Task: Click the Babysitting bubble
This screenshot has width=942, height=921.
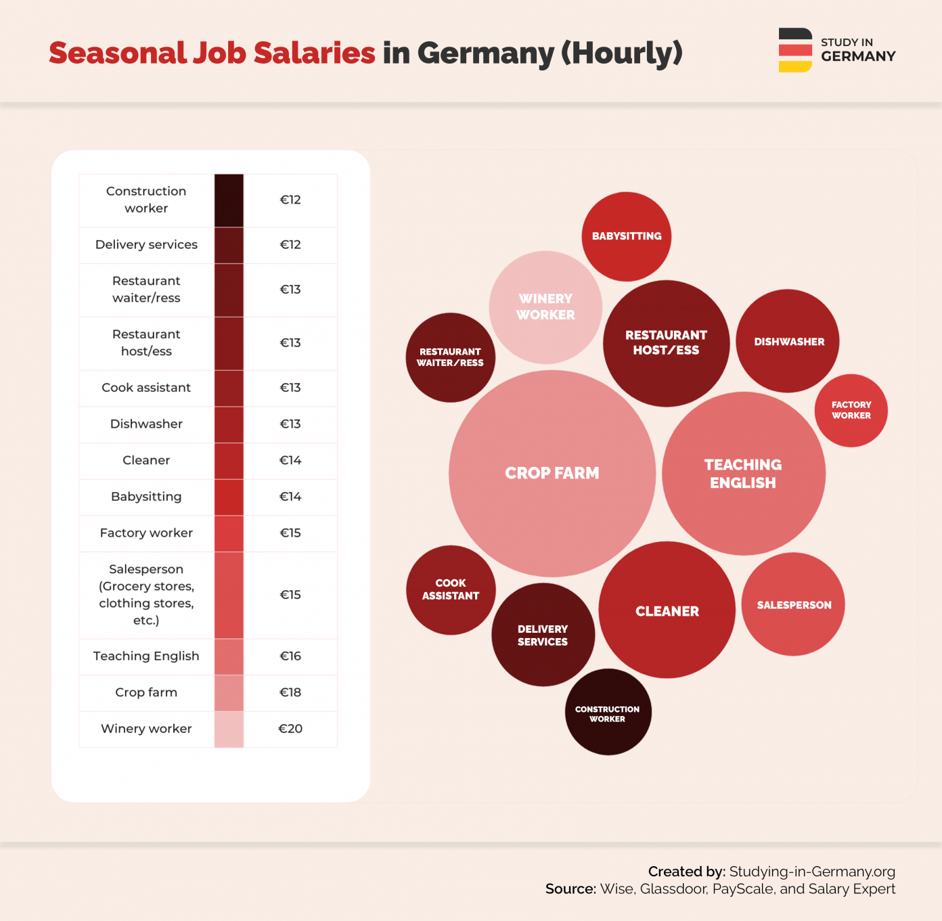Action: coord(627,236)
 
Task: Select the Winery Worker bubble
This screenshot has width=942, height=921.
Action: coord(545,307)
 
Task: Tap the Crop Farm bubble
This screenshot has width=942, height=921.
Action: coord(552,473)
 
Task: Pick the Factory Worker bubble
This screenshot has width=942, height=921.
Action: coord(851,410)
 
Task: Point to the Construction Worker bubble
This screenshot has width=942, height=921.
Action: coord(608,713)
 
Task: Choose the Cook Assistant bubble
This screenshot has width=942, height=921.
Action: coord(451,589)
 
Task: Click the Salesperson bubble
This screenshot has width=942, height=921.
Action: coord(794,605)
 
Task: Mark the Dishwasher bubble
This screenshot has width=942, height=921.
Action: coord(788,342)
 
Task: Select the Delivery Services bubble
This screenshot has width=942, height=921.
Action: coord(543,635)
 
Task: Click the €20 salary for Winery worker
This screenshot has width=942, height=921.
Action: coord(290,729)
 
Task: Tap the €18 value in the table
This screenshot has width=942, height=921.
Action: coord(290,692)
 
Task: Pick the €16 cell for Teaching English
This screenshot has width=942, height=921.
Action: coord(290,656)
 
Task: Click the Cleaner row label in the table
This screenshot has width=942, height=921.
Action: coord(146,460)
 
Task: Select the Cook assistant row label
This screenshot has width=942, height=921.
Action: coord(146,388)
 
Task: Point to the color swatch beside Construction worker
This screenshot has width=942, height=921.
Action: coord(229,200)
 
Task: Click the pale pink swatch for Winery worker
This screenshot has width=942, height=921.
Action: coord(229,729)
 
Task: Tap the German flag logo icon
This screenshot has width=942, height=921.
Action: coord(795,50)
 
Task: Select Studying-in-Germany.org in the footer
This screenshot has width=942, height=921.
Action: coord(812,872)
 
